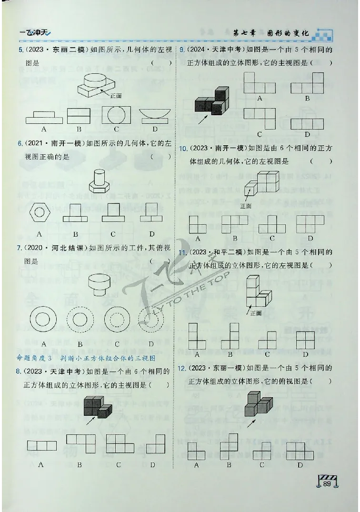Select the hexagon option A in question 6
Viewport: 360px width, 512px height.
(x=40, y=213)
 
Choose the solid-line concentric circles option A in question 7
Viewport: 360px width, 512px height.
(x=43, y=317)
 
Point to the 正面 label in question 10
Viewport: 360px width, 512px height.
(x=246, y=206)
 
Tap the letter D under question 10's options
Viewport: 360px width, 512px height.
(x=310, y=238)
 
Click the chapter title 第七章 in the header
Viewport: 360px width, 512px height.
(x=244, y=33)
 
